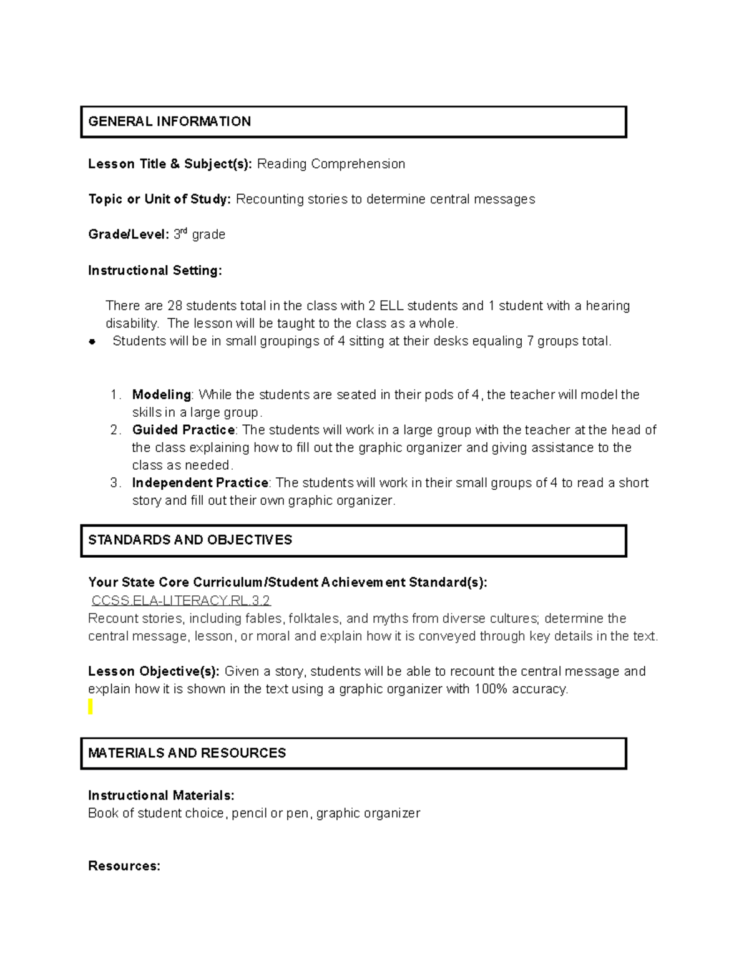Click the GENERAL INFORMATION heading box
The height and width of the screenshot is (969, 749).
(x=353, y=122)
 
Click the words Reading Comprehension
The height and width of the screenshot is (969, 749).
(x=331, y=164)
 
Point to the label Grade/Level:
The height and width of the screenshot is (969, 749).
(x=128, y=235)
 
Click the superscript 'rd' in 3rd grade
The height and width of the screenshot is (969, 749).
(x=184, y=231)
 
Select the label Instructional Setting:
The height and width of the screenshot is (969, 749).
(x=155, y=270)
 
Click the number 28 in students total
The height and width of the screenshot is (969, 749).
(x=174, y=306)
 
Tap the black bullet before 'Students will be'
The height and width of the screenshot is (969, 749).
(x=92, y=341)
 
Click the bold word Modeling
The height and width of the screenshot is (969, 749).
(x=161, y=395)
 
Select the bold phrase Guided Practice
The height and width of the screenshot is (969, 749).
(x=183, y=430)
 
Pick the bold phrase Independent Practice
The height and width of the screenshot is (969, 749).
(x=200, y=483)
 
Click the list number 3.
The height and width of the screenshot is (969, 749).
(x=115, y=483)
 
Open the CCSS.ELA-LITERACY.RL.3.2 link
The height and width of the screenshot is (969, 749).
(x=181, y=600)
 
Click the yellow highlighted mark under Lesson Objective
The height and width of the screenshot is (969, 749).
(x=91, y=706)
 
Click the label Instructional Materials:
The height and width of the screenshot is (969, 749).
(x=161, y=796)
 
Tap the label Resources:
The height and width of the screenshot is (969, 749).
(x=124, y=866)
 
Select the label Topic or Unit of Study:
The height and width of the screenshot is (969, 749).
(x=159, y=200)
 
